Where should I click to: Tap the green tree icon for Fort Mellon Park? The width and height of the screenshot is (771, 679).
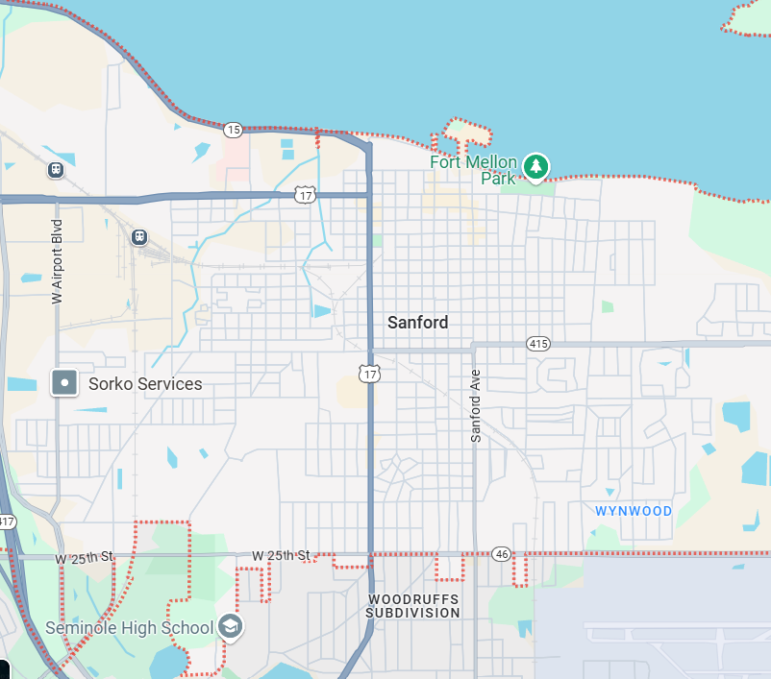pos(535,168)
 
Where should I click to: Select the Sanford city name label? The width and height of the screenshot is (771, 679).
pos(417,323)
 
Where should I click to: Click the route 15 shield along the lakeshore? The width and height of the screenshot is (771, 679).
pos(233,129)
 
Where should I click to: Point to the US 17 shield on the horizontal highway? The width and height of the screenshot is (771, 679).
pos(306,195)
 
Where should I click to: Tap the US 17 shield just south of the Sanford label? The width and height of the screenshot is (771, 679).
pos(370,374)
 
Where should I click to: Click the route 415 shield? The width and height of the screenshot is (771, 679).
pos(537,343)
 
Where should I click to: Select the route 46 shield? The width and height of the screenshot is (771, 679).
pos(502,554)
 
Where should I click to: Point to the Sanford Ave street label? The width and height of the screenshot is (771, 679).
pos(475,406)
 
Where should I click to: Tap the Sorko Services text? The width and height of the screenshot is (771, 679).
pos(145,384)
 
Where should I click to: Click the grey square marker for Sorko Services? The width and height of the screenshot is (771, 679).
pos(64,382)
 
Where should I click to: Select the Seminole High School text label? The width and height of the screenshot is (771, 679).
pos(129,628)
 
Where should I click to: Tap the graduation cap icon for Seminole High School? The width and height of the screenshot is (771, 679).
pos(231,627)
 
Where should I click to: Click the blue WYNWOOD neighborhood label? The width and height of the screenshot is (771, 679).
pos(634,511)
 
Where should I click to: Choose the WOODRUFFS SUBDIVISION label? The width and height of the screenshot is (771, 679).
pos(413,605)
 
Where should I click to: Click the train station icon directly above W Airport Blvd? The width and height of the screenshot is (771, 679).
pos(56,170)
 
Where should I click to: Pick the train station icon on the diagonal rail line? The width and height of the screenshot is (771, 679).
pos(139,236)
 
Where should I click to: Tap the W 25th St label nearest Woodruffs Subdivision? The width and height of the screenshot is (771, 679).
pos(282,556)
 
